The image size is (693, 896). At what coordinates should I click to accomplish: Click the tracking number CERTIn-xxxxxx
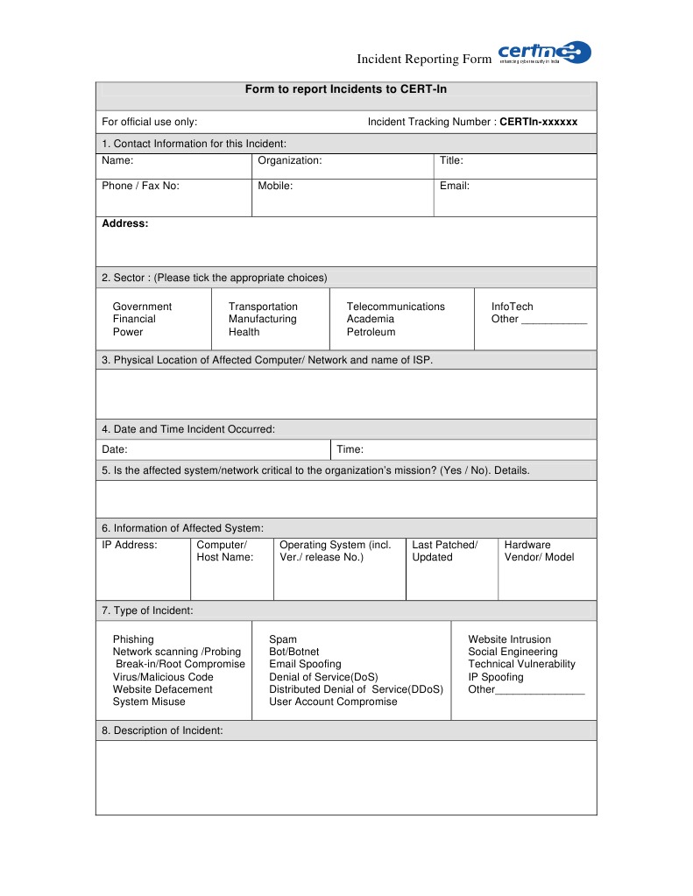click(538, 122)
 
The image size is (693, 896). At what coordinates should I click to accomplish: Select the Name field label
click(117, 160)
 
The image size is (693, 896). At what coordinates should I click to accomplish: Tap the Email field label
click(455, 186)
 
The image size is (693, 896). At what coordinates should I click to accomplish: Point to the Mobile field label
click(275, 186)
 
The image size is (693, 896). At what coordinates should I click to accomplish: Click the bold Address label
click(125, 223)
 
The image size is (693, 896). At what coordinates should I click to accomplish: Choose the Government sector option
click(142, 307)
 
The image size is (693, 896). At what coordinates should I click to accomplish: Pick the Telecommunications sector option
click(395, 307)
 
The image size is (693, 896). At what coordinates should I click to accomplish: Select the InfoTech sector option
click(512, 307)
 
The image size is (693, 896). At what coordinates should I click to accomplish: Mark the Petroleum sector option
click(371, 332)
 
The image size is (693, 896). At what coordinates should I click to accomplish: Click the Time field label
click(350, 449)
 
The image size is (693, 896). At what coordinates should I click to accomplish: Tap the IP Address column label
click(130, 545)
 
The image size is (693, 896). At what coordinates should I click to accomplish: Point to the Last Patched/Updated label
click(444, 551)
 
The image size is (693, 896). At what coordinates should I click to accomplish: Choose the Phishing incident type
click(133, 639)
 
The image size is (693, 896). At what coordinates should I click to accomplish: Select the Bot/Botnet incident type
click(293, 652)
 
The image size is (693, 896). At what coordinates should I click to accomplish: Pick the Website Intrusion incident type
click(509, 639)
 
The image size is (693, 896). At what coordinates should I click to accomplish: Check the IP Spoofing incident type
click(495, 677)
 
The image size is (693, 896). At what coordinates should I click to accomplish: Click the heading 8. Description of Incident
click(162, 730)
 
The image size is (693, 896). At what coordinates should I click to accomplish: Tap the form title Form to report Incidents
click(345, 89)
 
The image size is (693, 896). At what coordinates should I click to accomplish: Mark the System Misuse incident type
click(149, 702)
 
